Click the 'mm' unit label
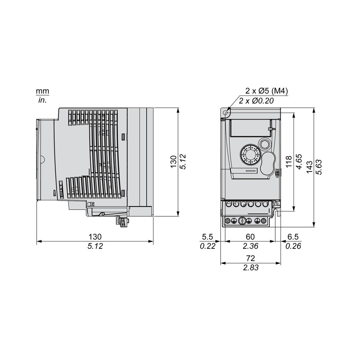point(43,91)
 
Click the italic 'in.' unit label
point(43,100)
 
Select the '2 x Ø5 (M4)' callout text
point(266,91)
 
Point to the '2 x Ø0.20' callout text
point(256,100)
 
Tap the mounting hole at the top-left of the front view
point(225,113)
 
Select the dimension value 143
point(309,167)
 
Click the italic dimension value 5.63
point(319,167)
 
